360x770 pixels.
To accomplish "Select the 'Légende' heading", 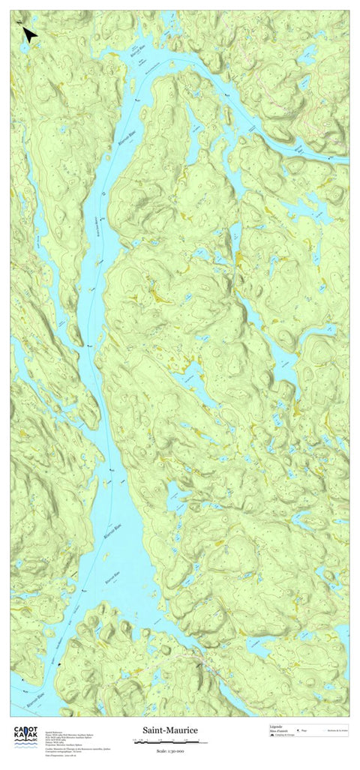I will click(x=277, y=727).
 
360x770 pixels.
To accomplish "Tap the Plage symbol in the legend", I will click(x=298, y=730).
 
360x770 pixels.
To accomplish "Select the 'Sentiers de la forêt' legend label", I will click(x=338, y=730).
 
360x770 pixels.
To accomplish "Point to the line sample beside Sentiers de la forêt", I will click(x=323, y=730).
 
